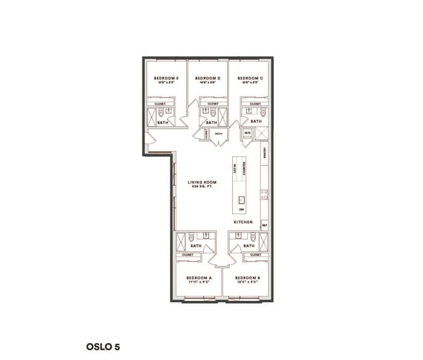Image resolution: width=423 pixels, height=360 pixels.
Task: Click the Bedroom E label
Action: (x=166, y=78)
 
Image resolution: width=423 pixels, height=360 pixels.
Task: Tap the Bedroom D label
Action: (x=208, y=78)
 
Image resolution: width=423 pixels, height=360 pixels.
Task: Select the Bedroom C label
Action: (x=251, y=78)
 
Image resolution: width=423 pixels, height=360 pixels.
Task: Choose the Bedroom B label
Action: (x=249, y=278)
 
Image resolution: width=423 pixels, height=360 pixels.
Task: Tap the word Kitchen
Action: (x=243, y=223)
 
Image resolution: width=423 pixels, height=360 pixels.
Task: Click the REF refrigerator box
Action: (x=264, y=225)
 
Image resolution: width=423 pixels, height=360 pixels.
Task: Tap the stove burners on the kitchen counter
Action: (x=264, y=193)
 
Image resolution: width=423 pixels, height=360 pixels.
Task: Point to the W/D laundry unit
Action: (x=248, y=133)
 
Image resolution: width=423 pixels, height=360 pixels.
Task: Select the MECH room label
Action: (x=217, y=133)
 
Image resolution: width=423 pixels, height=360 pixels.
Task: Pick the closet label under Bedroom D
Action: (x=212, y=104)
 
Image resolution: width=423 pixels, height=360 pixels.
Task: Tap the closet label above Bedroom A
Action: (x=187, y=255)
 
